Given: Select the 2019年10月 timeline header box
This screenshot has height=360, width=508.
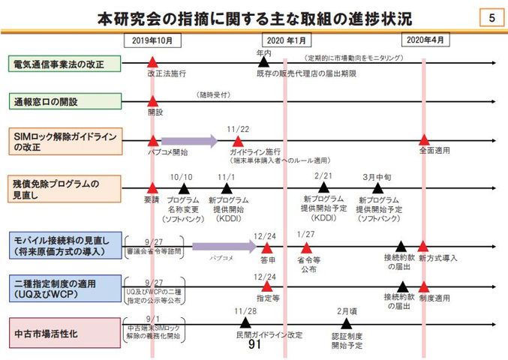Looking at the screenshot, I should point(152,40).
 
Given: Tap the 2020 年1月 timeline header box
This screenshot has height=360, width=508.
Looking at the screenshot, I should point(285,40).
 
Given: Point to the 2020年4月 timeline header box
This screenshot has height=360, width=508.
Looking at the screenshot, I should point(425,40).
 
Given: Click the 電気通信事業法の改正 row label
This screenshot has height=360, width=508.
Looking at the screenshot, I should point(65,64).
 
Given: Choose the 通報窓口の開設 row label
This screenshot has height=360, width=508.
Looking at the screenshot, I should point(65,102).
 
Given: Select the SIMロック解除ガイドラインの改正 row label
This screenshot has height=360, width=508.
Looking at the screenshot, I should point(65,142).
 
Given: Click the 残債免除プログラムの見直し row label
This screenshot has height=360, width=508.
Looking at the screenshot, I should point(65,188).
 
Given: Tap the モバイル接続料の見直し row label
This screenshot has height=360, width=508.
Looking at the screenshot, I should point(65,245).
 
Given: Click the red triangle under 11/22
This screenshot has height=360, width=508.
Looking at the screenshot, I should point(239,140).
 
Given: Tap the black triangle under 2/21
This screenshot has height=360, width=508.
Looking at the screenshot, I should point(323,187).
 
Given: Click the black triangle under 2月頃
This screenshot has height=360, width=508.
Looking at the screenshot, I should point(346,323).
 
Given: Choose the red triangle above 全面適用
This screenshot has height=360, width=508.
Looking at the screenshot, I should point(425,139).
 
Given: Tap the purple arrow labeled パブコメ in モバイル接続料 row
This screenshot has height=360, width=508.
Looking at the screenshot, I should point(224,245).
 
